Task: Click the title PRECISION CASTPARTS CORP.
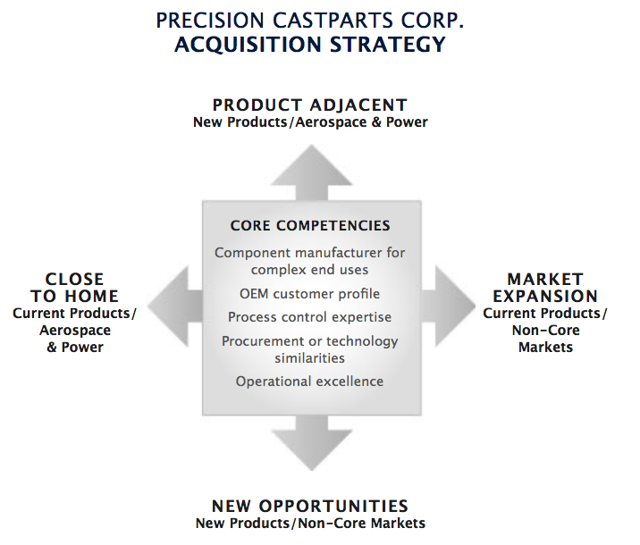pos(311,19)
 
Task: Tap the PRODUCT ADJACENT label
pos(310,105)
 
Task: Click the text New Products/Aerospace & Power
pos(310,122)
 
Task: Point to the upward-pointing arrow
pos(310,170)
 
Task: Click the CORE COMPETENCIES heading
pos(310,226)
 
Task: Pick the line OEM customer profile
pos(309,294)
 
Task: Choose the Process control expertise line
pos(309,317)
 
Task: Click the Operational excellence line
pos(309,381)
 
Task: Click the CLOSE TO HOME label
pos(75,288)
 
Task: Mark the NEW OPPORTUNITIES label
pos(310,506)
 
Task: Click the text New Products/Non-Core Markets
pos(310,523)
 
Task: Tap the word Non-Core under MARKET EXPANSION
pos(545,331)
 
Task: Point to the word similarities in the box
pos(309,358)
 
